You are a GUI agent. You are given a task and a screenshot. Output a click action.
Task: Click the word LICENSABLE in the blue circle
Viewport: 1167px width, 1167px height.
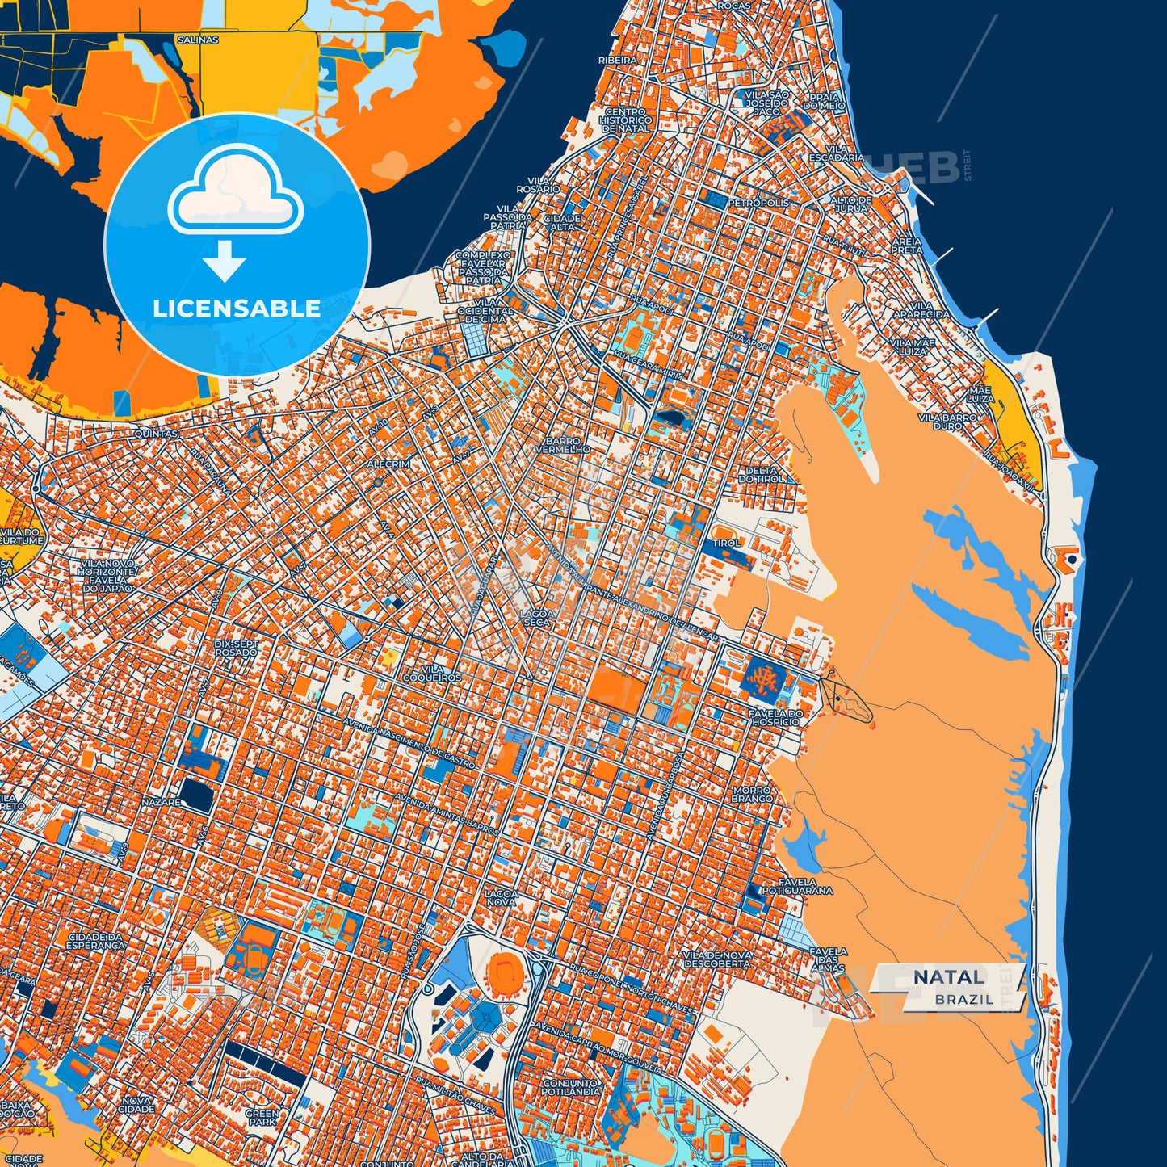(236, 309)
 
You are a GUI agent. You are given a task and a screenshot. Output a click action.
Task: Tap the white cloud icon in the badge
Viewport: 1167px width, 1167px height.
(235, 193)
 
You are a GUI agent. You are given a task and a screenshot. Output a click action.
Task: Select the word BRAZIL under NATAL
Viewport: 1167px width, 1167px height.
(964, 999)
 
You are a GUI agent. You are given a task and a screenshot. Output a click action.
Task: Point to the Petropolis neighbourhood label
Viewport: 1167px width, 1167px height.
(758, 203)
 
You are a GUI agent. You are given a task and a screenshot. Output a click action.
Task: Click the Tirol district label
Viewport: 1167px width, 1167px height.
(725, 543)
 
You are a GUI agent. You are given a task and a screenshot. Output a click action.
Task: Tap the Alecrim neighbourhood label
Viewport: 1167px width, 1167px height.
(388, 464)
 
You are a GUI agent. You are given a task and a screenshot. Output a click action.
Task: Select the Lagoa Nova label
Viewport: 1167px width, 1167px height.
(501, 898)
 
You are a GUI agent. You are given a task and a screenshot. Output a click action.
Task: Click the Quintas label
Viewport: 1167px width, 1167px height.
(156, 434)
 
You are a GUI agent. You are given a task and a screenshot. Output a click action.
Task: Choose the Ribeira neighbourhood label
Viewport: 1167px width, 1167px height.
(617, 60)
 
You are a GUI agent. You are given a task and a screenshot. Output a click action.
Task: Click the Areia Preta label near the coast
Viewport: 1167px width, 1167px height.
(906, 246)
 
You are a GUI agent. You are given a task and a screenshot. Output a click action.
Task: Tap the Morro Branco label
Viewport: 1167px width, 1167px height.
(751, 794)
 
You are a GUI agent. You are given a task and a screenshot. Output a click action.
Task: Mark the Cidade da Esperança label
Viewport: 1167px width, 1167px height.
(96, 940)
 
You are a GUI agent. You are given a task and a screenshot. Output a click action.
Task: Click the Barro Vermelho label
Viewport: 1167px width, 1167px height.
(562, 445)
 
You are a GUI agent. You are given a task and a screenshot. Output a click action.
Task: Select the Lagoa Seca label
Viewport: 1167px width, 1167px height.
(536, 618)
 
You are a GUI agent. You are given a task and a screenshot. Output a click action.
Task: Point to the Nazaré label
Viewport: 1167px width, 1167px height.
(160, 803)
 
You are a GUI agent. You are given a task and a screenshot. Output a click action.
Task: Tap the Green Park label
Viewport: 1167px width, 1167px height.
(262, 1117)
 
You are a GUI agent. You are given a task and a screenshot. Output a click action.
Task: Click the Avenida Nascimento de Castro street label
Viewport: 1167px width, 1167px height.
(409, 742)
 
